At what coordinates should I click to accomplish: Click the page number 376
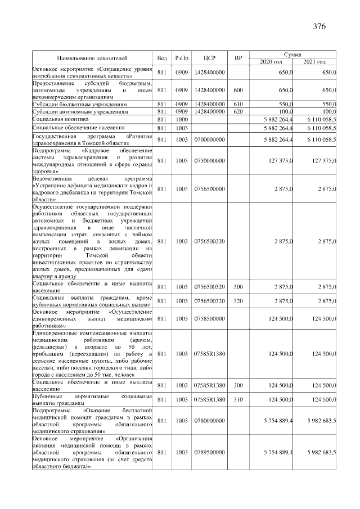[319, 26]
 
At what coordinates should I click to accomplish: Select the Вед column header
[162, 58]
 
